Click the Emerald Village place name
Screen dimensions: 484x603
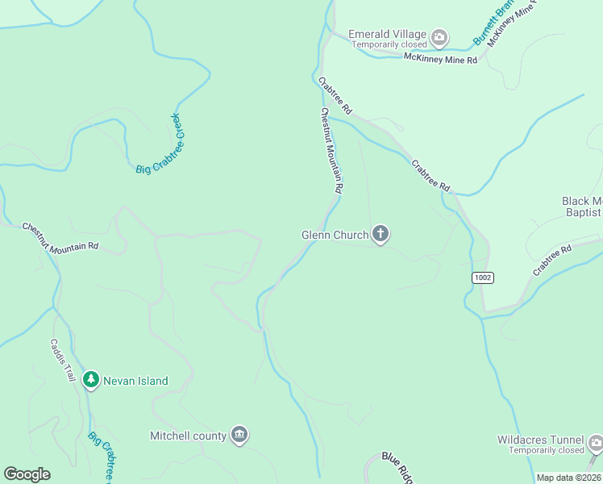click(x=387, y=34)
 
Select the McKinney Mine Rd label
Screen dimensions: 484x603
click(x=440, y=59)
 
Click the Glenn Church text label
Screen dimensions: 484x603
click(x=335, y=235)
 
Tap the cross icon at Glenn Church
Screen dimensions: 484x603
click(x=381, y=235)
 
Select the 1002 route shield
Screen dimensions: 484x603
click(x=483, y=277)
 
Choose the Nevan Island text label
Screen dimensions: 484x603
click(x=135, y=381)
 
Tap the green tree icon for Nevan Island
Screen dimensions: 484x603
click(x=91, y=380)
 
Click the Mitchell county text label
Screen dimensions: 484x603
click(x=188, y=436)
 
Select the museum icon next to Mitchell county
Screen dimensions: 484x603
click(x=239, y=436)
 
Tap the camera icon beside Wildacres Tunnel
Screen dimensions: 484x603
click(x=595, y=443)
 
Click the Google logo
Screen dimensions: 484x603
click(x=27, y=474)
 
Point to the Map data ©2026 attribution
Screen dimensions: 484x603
click(x=568, y=478)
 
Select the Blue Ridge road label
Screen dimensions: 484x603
click(x=398, y=468)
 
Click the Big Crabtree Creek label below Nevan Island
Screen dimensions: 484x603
click(x=102, y=457)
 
